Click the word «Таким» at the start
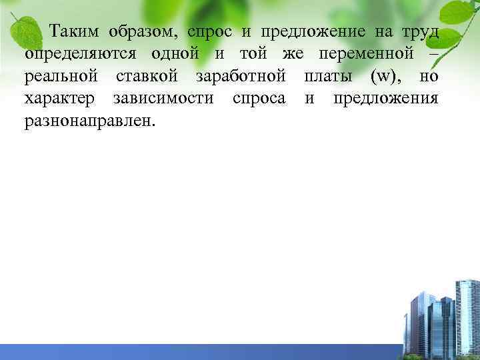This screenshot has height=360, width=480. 76,31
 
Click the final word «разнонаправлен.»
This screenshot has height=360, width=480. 88,121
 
